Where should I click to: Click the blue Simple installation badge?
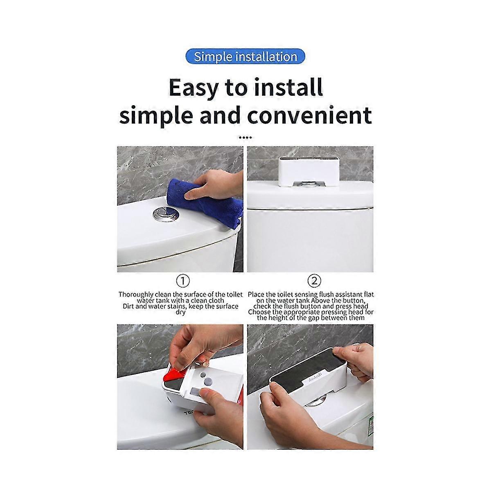click(245, 56)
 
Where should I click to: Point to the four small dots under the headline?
click(245, 138)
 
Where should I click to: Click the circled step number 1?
click(183, 281)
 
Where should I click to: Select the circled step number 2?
click(314, 281)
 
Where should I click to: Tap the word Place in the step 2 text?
click(257, 294)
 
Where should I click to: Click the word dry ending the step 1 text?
click(180, 312)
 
